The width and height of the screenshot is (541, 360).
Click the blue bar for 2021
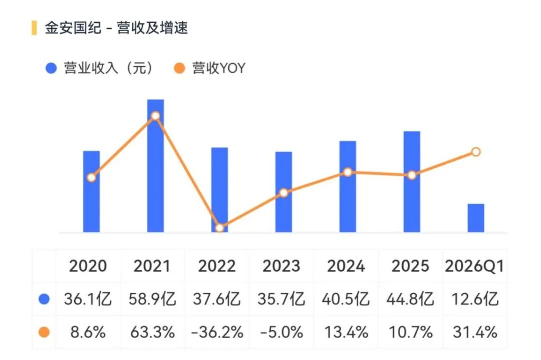pos(155,166)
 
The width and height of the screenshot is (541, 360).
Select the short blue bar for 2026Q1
pos(476,218)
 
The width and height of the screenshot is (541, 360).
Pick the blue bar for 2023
pos(284,192)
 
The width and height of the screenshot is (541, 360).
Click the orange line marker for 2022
pos(219,228)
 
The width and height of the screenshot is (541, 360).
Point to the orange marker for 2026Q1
pos(476,152)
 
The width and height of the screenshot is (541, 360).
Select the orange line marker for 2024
pos(348,172)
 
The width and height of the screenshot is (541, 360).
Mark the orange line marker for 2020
pos(92,178)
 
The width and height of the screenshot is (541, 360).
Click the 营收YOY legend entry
pos(209,68)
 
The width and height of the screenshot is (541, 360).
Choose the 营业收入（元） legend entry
pos(99,68)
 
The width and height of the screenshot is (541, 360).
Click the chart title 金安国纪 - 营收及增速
pos(116,28)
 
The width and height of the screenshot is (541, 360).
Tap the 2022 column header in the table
pos(217,266)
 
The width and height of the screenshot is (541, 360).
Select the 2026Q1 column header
pos(475,266)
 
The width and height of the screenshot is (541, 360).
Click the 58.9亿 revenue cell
pos(152,299)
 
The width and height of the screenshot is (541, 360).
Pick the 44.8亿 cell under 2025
pos(410,299)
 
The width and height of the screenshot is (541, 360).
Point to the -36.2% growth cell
pos(217,332)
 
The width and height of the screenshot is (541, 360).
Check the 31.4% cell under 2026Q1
pos(475,332)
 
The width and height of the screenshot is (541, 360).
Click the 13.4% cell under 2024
pos(346,332)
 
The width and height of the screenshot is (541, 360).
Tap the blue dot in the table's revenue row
pos(44,299)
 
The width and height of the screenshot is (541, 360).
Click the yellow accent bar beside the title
pos(34,28)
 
